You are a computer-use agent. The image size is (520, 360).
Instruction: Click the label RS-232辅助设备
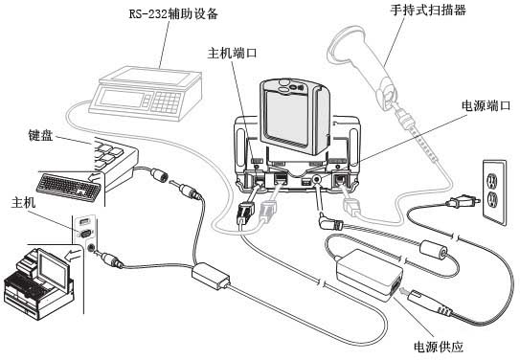[173, 14]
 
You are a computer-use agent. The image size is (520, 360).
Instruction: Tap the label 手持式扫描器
[428, 10]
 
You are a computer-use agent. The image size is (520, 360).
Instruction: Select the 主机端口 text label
[233, 53]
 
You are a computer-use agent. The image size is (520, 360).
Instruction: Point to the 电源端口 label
[486, 105]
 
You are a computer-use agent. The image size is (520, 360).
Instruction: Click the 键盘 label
[40, 135]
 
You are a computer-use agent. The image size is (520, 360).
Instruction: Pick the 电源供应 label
[438, 347]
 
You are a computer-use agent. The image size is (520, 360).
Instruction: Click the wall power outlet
[494, 192]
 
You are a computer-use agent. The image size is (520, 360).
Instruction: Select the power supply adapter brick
[370, 275]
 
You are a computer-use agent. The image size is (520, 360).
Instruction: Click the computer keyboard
[69, 188]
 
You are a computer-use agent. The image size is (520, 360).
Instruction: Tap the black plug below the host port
[245, 213]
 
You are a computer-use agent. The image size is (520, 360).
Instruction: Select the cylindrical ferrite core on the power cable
[434, 250]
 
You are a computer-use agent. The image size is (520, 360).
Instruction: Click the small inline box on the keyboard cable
[211, 276]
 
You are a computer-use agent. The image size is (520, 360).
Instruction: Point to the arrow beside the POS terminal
[73, 256]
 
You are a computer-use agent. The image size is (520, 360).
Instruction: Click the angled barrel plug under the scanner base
[330, 223]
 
